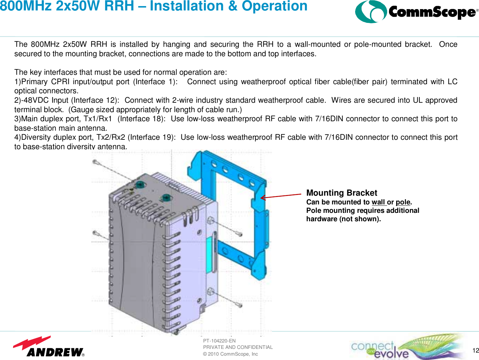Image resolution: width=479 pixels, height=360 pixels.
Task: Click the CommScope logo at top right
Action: click(x=416, y=12)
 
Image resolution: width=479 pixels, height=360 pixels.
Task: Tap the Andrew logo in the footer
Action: click(x=49, y=347)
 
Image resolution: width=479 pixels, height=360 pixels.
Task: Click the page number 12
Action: click(x=475, y=351)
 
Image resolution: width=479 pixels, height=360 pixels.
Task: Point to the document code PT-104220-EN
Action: click(x=219, y=341)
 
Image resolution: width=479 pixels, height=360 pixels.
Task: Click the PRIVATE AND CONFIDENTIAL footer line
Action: click(x=238, y=347)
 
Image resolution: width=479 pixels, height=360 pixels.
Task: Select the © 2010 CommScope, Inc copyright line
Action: click(x=230, y=354)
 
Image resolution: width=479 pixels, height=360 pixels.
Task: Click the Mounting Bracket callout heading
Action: click(x=341, y=193)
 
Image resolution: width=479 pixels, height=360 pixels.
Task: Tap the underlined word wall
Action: click(x=378, y=202)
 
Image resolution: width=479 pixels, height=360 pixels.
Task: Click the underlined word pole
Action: click(x=403, y=202)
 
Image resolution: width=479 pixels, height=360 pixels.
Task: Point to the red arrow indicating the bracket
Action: click(x=281, y=196)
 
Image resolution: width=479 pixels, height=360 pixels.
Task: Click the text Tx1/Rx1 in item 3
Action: click(x=98, y=119)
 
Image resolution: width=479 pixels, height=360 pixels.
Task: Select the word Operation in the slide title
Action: click(x=275, y=6)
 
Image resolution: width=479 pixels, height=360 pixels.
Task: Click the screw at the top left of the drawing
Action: click(x=96, y=163)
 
